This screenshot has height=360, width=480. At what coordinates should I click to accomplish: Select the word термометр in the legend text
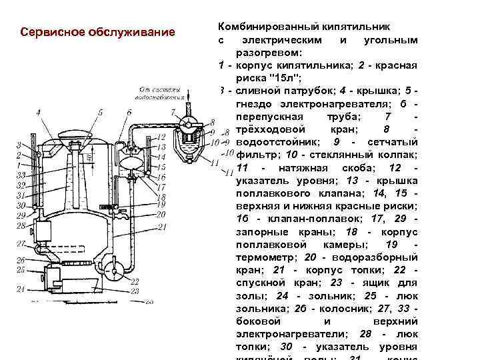(x=266, y=257)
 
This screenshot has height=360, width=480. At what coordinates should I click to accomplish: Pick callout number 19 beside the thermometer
(x=161, y=203)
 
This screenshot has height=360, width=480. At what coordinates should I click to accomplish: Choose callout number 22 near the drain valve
(x=135, y=282)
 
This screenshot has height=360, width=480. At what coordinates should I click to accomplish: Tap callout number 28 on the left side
(x=21, y=227)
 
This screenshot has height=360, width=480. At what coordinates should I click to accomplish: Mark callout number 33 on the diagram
(x=21, y=175)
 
